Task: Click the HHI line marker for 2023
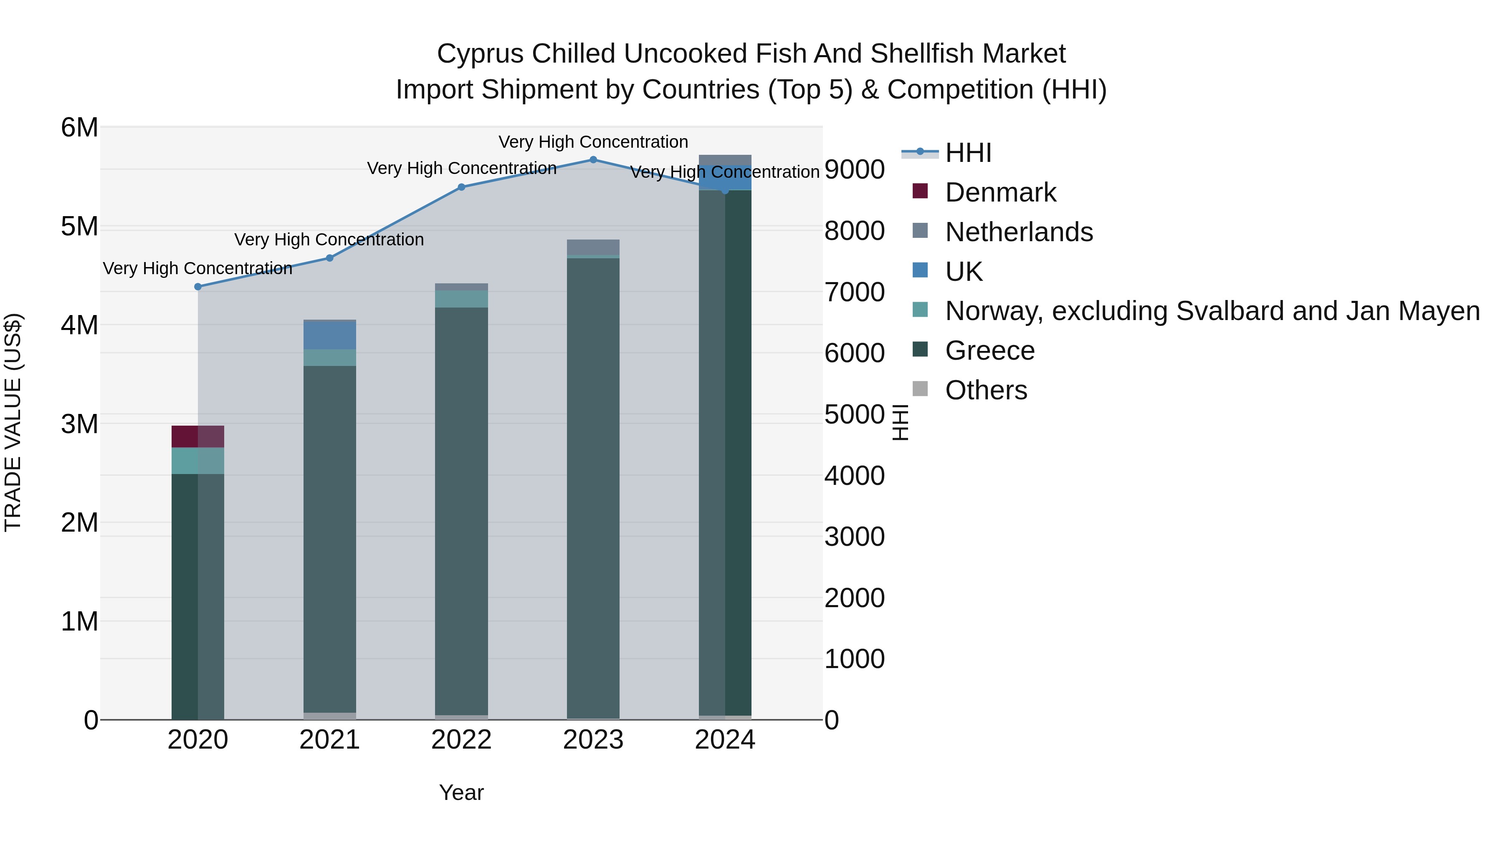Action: click(593, 160)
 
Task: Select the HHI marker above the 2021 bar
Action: click(330, 258)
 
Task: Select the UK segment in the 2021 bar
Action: click(330, 336)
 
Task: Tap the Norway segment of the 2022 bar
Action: click(461, 299)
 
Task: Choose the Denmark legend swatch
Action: click(920, 191)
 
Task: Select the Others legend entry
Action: click(986, 390)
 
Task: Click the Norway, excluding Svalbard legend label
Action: click(1212, 311)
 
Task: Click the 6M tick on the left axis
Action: click(80, 128)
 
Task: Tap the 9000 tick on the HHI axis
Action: click(854, 170)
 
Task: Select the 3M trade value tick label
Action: click(80, 424)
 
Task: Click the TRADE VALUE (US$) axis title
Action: click(13, 422)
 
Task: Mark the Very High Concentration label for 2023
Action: click(593, 142)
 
